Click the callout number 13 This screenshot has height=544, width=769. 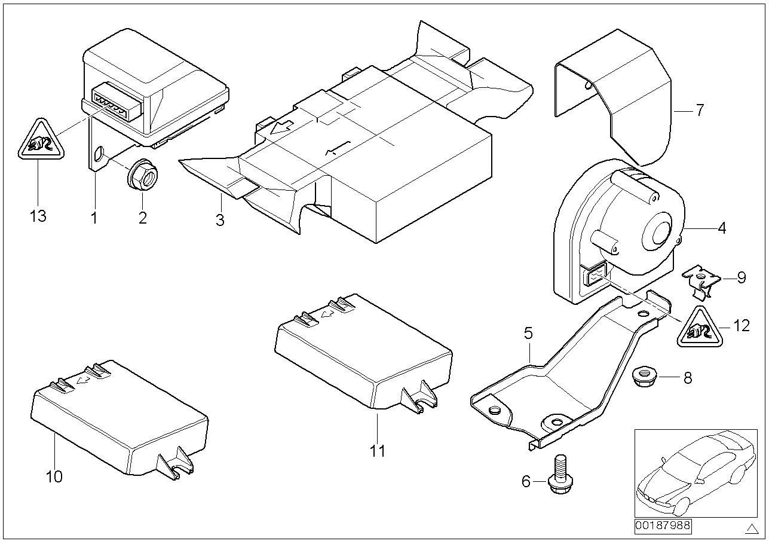coord(38,216)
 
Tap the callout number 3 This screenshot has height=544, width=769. coord(220,219)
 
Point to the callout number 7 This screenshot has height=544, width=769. coord(700,110)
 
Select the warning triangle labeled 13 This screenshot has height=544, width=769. coord(38,142)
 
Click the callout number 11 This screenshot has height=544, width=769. coord(377,450)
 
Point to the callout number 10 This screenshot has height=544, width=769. coord(54,476)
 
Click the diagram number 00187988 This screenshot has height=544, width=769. coord(662,526)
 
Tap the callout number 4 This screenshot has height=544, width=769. coord(722,228)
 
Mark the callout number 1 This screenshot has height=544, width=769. coord(94,218)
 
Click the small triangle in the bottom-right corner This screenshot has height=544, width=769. coord(751,528)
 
